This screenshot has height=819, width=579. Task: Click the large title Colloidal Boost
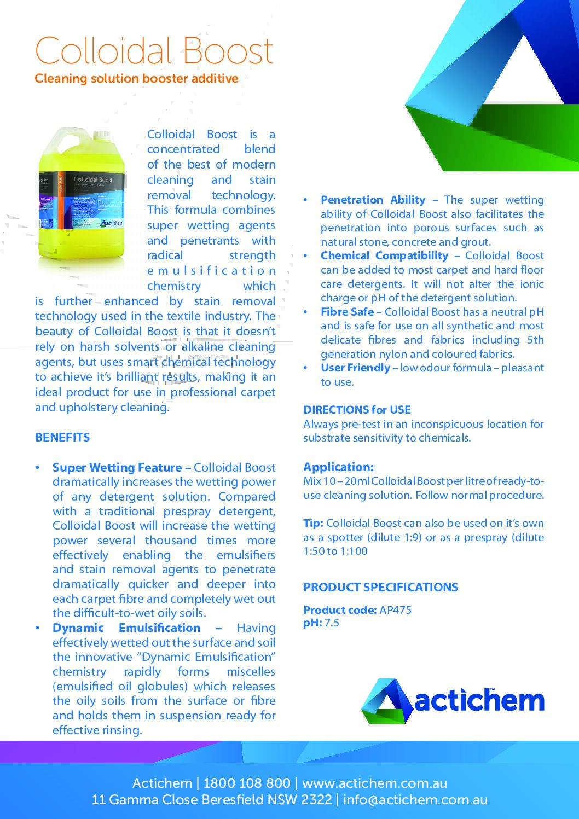coord(154,51)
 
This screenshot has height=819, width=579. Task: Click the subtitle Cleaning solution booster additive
coord(136,79)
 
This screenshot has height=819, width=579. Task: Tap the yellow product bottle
coord(82,200)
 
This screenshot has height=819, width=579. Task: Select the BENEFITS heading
coord(62,438)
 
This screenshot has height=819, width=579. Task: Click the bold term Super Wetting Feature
coord(117,468)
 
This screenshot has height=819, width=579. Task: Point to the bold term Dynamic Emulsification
coord(126,628)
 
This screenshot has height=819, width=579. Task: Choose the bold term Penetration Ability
coord(373,200)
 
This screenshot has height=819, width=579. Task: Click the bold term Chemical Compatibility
coord(384,256)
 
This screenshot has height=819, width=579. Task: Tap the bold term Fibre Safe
coord(347,312)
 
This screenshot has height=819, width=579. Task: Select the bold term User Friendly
coord(355,368)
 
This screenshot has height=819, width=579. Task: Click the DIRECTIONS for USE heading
coord(357,410)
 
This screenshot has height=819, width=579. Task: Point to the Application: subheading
coord(338,467)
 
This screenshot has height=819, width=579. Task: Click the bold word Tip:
coord(313,524)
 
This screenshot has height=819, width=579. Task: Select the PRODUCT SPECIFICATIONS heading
coord(380,588)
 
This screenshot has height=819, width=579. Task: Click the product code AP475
coord(395,610)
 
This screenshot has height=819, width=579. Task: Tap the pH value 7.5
coord(332,623)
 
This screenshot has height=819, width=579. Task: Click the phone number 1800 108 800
coord(247,783)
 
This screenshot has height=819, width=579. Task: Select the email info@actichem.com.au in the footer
coord(415,800)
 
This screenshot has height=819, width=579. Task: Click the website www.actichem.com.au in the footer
coord(374,783)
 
